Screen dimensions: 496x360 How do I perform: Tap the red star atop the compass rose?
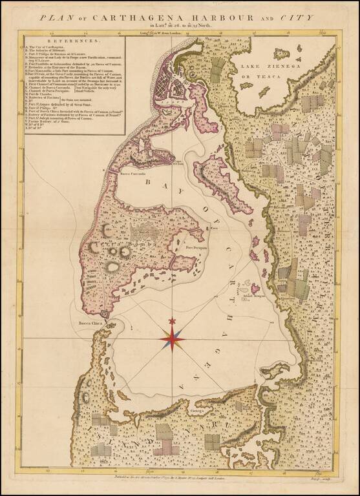tap(172, 321)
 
